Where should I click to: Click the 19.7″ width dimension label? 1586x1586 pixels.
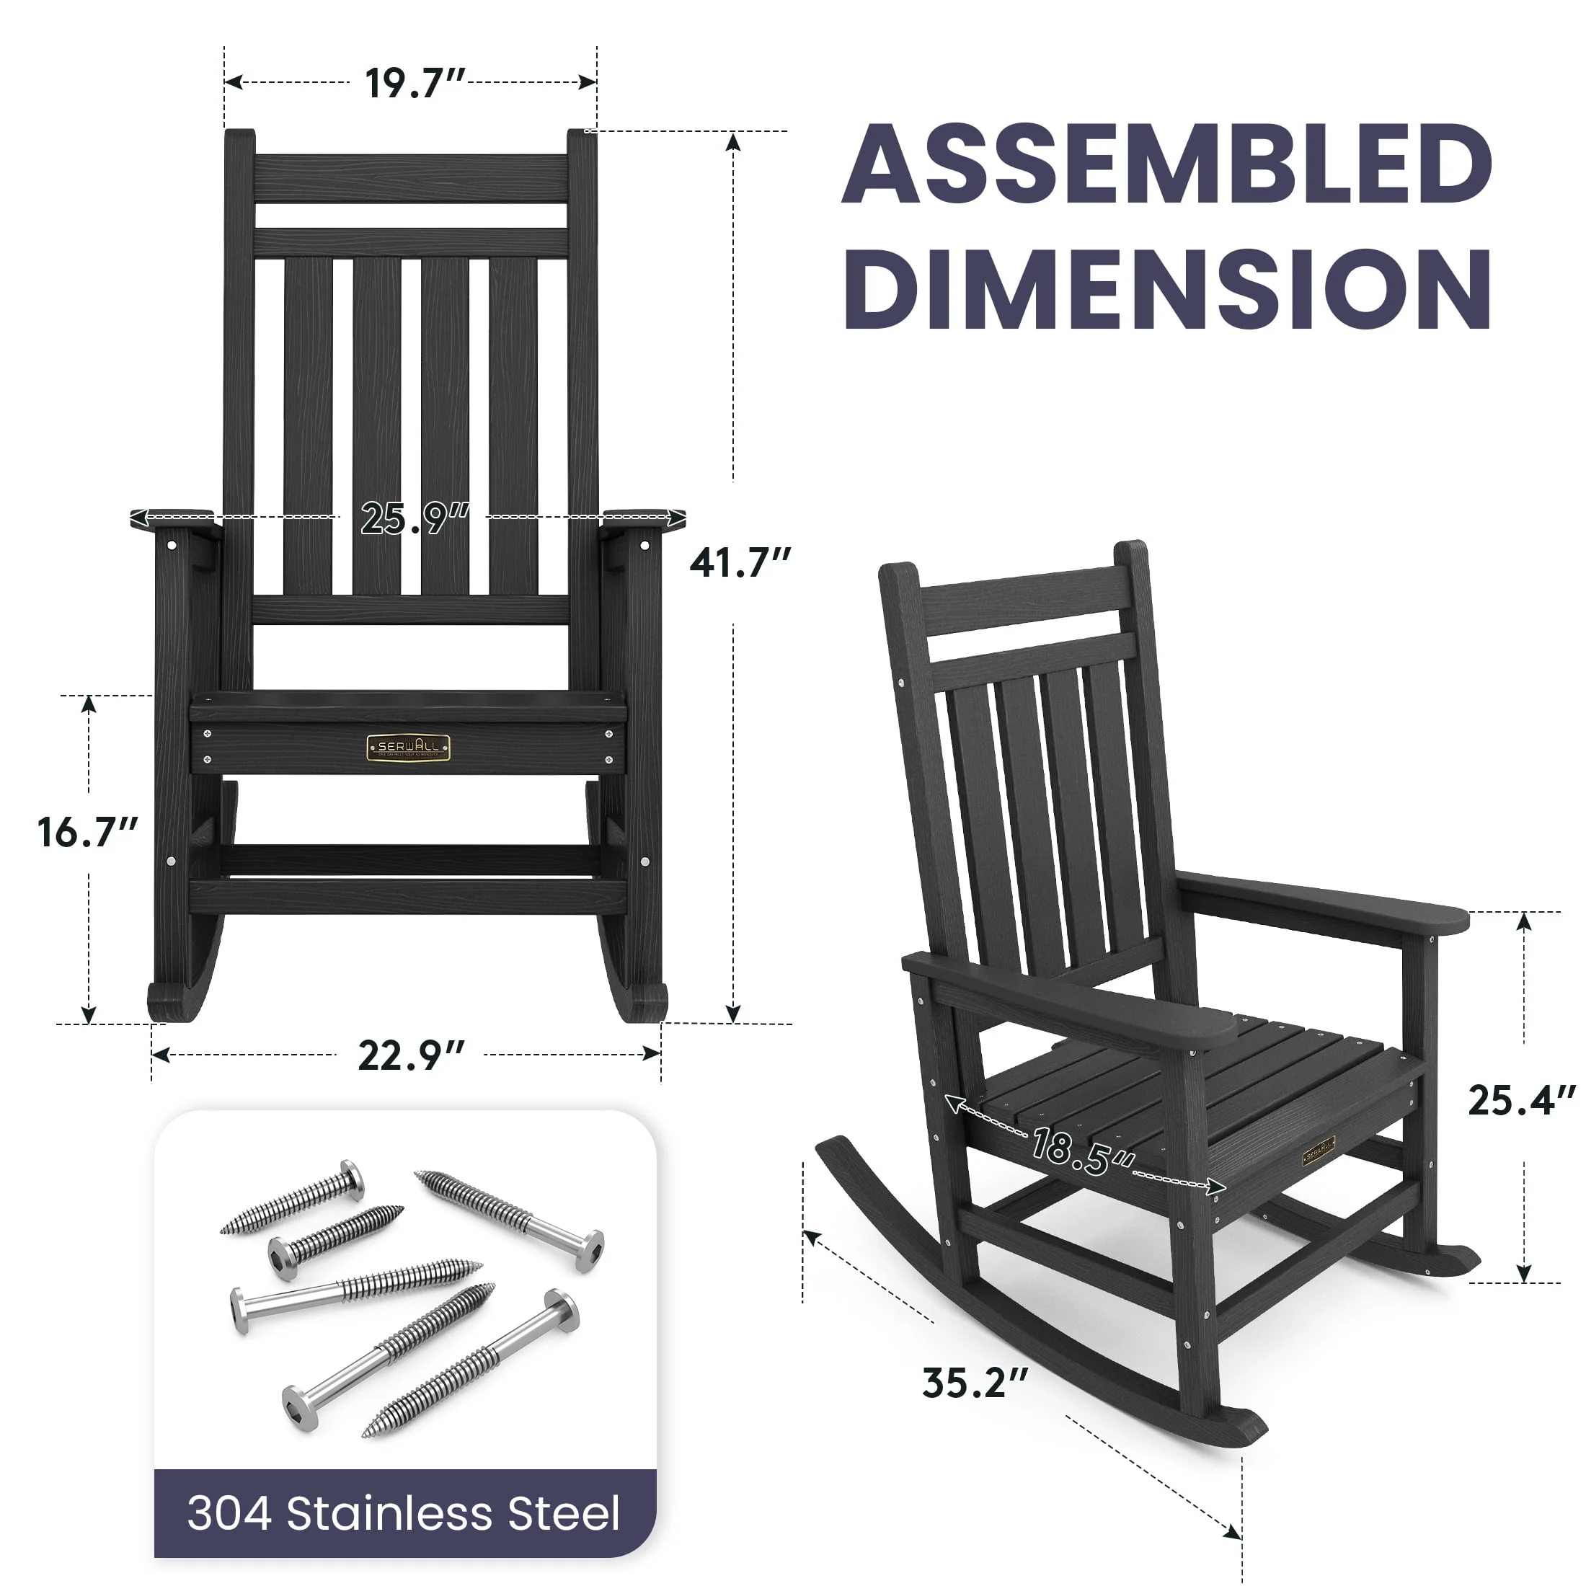(x=415, y=83)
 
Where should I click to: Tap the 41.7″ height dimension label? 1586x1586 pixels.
(x=740, y=562)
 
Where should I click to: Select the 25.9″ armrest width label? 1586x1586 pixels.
(x=415, y=518)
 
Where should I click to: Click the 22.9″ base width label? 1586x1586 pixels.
(x=411, y=1055)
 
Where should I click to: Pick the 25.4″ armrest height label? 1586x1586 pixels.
(x=1522, y=1101)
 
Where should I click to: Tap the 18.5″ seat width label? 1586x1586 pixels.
(x=1083, y=1150)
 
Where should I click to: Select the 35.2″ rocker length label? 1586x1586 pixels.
(x=975, y=1383)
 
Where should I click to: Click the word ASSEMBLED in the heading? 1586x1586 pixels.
(x=1166, y=164)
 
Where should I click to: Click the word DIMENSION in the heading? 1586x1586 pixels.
(x=1166, y=289)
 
